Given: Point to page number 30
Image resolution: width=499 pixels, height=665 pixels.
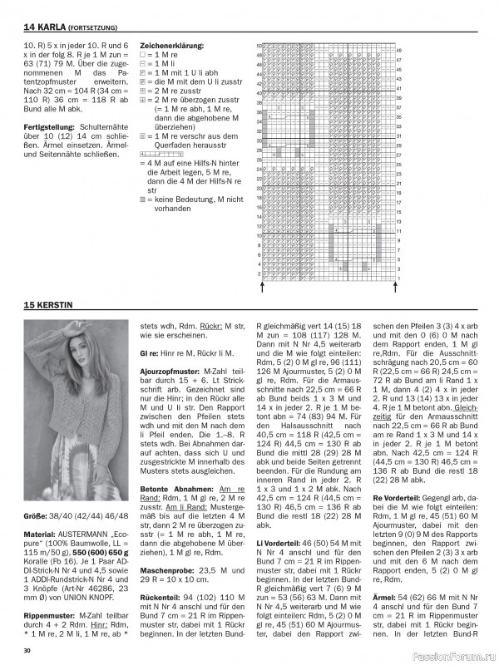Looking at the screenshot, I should (x=27, y=649).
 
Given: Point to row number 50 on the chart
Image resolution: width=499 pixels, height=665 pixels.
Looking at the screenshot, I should (x=259, y=45).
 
